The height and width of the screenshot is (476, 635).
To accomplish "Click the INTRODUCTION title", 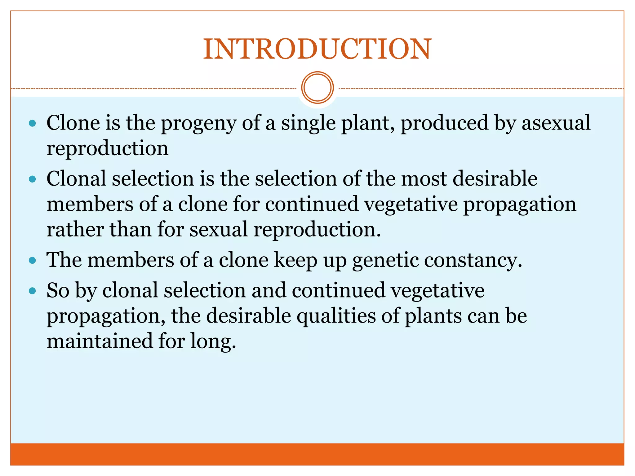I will tap(317, 49).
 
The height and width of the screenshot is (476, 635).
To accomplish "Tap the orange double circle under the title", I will tap(317, 88).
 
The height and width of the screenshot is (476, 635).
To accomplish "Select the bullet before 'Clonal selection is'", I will tap(32, 179).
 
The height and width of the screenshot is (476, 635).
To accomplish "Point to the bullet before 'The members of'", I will tap(32, 260).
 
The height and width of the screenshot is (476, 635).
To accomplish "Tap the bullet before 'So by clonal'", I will tap(32, 291).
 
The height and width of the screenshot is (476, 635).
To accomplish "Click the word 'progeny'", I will tap(198, 123).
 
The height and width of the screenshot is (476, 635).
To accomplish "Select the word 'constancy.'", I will tap(473, 260).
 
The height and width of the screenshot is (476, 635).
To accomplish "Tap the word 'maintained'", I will tap(100, 341).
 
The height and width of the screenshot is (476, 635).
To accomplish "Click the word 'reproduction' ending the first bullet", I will tap(107, 149).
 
